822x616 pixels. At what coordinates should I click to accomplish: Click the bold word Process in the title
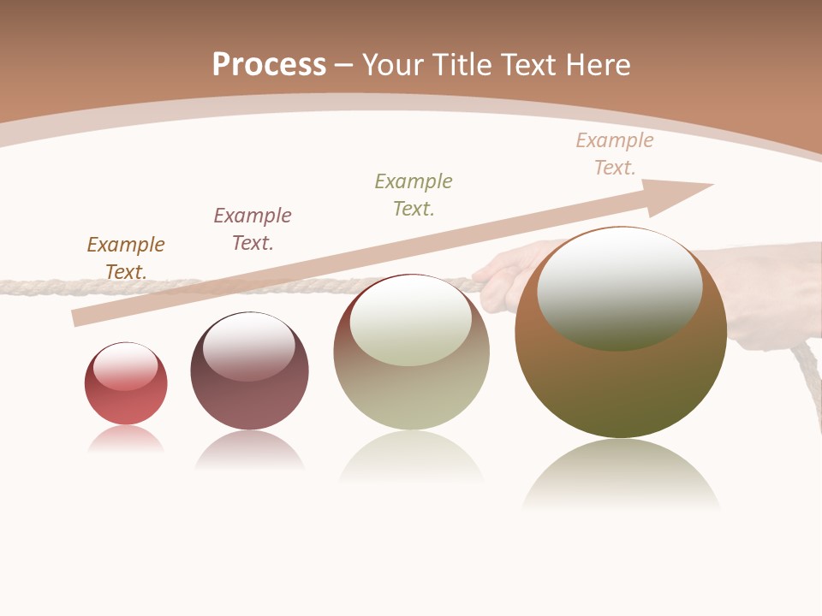(269, 64)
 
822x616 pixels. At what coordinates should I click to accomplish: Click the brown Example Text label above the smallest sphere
(126, 258)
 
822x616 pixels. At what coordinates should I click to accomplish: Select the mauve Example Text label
(253, 228)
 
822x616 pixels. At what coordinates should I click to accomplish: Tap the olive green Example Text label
(414, 194)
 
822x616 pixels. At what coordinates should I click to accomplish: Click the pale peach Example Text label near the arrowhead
(615, 154)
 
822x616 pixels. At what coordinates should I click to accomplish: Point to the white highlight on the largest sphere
(619, 289)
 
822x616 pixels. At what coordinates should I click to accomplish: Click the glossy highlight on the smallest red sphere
(126, 366)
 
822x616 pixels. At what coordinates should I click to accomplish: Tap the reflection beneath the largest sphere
(621, 475)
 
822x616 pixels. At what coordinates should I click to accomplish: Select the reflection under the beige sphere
(411, 458)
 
